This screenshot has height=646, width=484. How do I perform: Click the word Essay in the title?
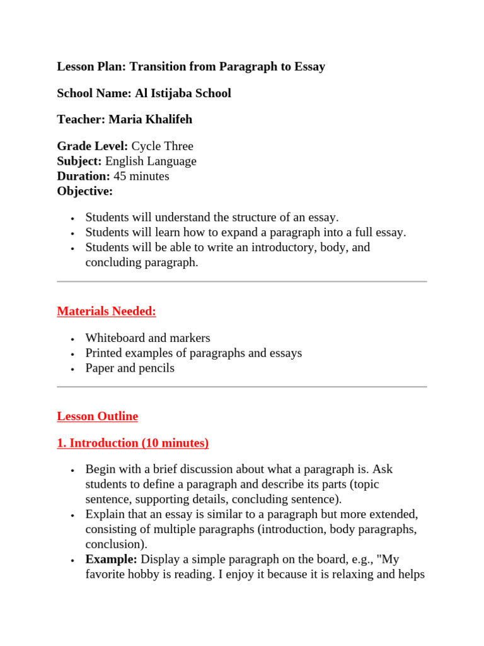coord(309,66)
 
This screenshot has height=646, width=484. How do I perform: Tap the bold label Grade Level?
coord(92,146)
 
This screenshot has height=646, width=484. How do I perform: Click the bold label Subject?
coord(79,161)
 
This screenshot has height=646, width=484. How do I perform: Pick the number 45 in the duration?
coord(120,176)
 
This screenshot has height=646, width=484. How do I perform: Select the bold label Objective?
coord(85,191)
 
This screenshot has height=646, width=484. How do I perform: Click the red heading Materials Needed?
coord(107,311)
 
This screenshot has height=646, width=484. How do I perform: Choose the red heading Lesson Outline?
coord(97,416)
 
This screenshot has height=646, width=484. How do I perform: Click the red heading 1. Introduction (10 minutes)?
coord(132,443)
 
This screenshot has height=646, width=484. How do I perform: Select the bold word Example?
coord(112,560)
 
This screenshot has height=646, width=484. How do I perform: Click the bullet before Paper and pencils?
coord(73,369)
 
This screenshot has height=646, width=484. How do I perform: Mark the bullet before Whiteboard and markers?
coord(73,339)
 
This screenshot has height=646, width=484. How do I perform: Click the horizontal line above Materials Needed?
coord(242,281)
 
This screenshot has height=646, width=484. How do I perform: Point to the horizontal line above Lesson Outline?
coord(242,387)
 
